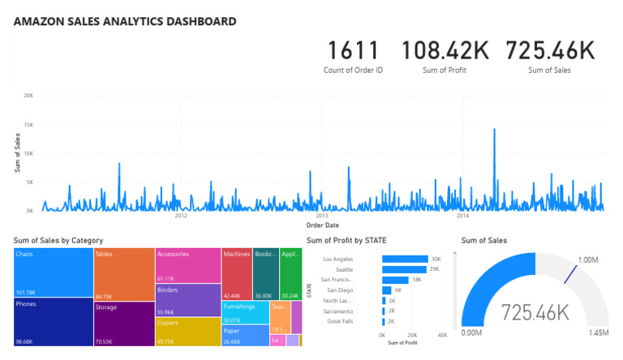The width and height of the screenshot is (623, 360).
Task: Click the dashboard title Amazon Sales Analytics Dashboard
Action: click(x=125, y=22)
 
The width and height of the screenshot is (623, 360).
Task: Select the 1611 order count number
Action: click(x=353, y=51)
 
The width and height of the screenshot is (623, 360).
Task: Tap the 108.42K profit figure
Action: click(x=445, y=51)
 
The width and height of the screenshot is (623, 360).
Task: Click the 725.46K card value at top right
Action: click(x=550, y=51)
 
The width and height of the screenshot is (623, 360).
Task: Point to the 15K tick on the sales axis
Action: click(x=28, y=124)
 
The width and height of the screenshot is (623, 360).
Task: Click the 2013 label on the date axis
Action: click(x=321, y=216)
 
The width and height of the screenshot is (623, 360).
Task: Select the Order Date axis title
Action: click(x=322, y=225)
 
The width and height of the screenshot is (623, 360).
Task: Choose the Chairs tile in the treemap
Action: click(x=53, y=272)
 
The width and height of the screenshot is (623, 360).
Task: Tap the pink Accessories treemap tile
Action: click(x=188, y=265)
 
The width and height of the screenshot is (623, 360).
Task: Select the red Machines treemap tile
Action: click(x=237, y=274)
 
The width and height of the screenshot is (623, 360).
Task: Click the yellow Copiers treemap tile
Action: click(x=188, y=331)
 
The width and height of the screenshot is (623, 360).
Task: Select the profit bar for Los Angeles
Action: click(x=405, y=259)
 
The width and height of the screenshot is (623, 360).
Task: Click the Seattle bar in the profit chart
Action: click(x=404, y=269)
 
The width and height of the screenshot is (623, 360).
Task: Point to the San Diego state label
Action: click(x=341, y=289)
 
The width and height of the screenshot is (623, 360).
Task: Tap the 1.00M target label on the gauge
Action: click(x=589, y=260)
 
